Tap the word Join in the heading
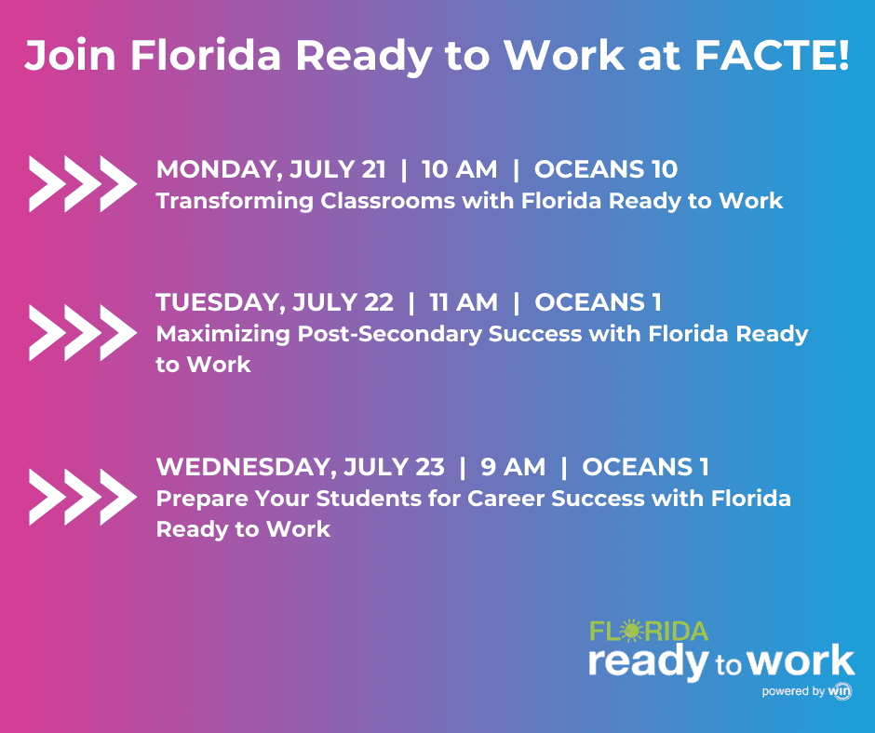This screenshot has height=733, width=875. (71, 55)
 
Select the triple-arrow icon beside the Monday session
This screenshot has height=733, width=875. (83, 183)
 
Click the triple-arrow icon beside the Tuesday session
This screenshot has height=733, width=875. (83, 332)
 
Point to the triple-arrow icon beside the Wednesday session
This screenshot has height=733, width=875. (83, 497)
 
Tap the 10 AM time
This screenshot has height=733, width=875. (459, 169)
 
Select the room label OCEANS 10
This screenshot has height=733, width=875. (606, 169)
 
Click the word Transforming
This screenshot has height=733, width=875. (235, 201)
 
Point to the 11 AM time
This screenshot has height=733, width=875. (464, 302)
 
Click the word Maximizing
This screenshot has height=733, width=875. (223, 334)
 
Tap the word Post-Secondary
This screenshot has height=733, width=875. (389, 334)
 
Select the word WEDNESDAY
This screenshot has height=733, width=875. (246, 468)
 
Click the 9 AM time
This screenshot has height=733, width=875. (513, 467)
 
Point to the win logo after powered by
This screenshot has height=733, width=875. (840, 690)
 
